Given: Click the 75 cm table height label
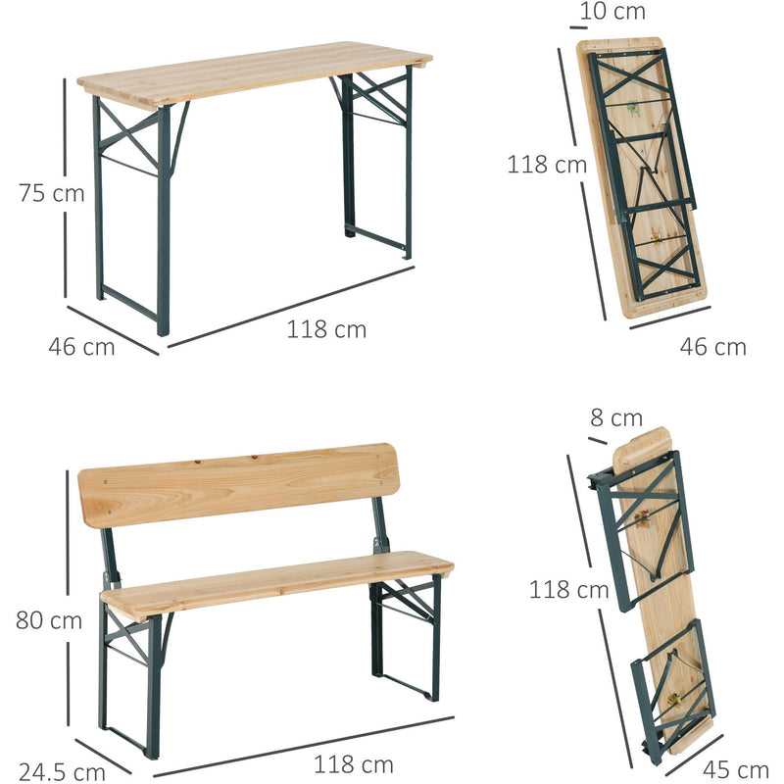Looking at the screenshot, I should (51, 193).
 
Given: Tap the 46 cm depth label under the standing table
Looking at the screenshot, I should (81, 346).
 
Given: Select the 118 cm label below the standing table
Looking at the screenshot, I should (326, 330).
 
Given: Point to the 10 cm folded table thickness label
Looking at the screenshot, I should (612, 13).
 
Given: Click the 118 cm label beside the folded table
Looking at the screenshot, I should (546, 165).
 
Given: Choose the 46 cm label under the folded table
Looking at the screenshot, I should (713, 346).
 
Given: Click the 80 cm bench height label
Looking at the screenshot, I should (48, 619).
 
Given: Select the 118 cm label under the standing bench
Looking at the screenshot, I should (353, 764).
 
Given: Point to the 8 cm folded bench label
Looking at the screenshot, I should (615, 418).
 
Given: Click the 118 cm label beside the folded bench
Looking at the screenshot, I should (568, 590).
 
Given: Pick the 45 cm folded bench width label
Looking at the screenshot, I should (736, 770).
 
